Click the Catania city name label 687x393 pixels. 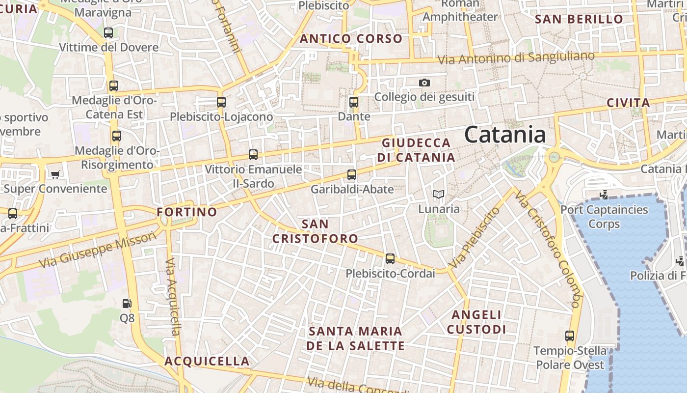(x=505, y=134)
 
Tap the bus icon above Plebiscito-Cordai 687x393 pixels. (x=390, y=258)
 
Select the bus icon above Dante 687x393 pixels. (x=354, y=102)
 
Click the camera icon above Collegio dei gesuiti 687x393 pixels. (x=424, y=83)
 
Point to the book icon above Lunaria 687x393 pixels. (x=438, y=195)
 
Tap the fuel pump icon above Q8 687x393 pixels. (x=127, y=304)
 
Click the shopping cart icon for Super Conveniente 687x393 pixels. (x=55, y=174)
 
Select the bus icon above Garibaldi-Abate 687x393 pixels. (x=352, y=174)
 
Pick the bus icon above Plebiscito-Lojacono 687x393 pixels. (x=221, y=102)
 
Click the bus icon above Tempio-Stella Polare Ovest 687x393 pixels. (x=570, y=336)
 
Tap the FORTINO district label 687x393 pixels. (x=186, y=212)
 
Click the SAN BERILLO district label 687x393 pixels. (x=579, y=20)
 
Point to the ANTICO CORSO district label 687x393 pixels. (x=351, y=39)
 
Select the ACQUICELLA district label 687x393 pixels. (x=207, y=362)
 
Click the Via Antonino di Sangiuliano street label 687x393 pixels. (x=516, y=58)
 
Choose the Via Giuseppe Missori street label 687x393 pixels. (x=98, y=250)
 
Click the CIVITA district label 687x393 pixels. (x=628, y=103)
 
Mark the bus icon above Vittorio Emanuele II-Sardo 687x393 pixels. (x=253, y=155)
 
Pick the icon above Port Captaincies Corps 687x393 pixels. (x=604, y=195)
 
